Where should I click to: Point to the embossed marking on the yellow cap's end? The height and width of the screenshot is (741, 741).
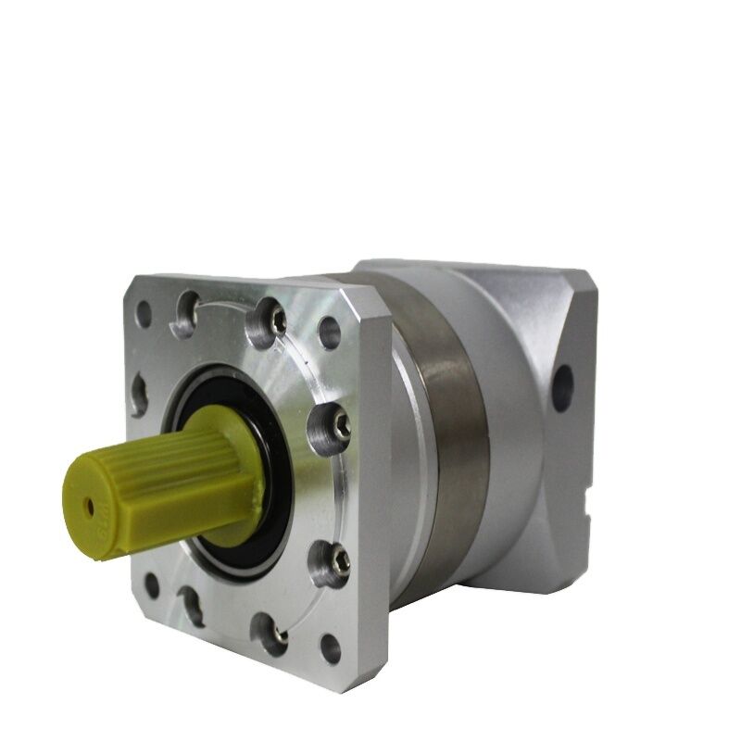(x=101, y=533)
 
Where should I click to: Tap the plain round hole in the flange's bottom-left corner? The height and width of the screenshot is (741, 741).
(x=151, y=585)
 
